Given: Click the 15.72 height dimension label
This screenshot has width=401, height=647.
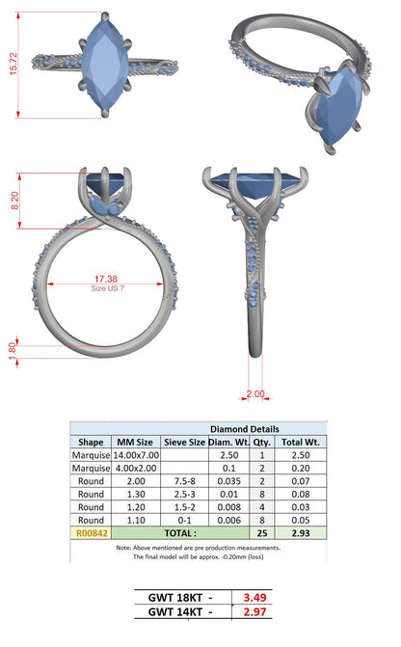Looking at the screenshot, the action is [x=13, y=64].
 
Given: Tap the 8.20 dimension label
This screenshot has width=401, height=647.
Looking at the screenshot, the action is [x=14, y=201].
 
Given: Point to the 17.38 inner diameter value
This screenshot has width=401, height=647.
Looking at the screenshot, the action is [x=106, y=280].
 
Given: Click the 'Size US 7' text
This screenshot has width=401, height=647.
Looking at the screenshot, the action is [x=107, y=288].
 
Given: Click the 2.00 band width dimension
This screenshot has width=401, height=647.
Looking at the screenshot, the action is [x=255, y=393].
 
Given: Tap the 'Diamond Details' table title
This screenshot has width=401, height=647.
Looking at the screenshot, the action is [x=245, y=429].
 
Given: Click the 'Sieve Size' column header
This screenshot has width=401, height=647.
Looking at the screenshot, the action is [x=184, y=443].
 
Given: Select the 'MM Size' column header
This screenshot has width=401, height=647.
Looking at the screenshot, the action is [x=135, y=443].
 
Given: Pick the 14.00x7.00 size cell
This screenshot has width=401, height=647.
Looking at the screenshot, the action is [x=136, y=455].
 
